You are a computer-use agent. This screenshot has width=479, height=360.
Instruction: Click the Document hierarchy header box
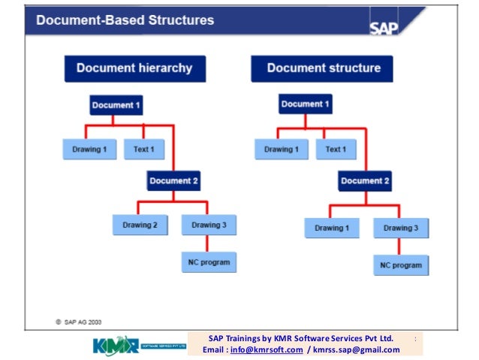click(134, 68)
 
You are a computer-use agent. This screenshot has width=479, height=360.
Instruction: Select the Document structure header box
click(324, 68)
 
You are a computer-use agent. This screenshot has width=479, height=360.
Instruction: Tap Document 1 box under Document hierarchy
click(116, 105)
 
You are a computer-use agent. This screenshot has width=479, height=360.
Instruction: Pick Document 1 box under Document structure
click(306, 104)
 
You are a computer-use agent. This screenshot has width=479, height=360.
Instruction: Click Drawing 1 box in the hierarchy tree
click(89, 150)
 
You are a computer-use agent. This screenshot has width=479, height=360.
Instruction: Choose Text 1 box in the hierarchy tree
click(144, 150)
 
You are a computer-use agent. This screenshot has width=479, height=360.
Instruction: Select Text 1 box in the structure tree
click(336, 150)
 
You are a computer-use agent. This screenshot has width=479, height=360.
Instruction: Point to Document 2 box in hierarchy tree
click(173, 181)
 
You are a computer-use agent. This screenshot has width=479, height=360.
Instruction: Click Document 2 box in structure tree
click(365, 181)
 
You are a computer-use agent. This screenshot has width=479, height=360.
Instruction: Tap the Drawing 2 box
click(140, 225)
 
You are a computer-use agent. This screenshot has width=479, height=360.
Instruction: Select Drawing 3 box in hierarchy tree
click(209, 225)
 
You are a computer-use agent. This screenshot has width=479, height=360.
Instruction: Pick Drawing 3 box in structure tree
click(401, 228)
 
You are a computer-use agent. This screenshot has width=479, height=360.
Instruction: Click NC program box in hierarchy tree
click(209, 262)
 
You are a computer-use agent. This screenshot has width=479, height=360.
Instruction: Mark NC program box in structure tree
click(401, 265)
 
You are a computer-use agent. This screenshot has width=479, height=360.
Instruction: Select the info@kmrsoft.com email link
click(267, 349)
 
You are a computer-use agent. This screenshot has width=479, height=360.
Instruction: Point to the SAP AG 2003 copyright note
click(79, 322)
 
